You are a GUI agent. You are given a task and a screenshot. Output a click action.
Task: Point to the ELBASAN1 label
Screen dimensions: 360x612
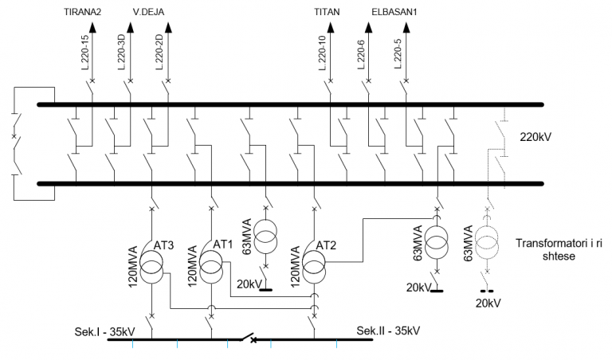pos(394,14)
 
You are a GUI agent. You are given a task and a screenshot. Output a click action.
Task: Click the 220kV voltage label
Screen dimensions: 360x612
pos(535,136)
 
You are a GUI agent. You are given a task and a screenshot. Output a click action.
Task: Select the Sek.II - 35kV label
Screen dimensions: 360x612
pos(388,331)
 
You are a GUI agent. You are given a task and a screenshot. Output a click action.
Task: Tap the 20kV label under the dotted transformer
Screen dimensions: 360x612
pos(488,303)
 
